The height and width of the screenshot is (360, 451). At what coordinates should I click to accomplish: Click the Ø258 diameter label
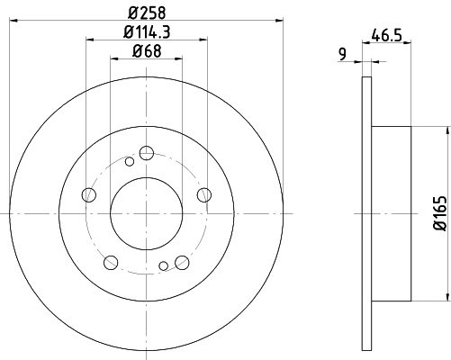pyautogui.click(x=147, y=13)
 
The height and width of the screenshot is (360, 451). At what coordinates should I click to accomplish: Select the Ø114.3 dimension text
pyautogui.click(x=147, y=31)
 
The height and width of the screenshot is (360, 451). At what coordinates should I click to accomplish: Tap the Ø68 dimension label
pyautogui.click(x=147, y=51)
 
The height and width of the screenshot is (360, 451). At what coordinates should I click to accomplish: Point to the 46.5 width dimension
pyautogui.click(x=386, y=35)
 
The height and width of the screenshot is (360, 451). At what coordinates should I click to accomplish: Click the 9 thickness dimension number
pyautogui.click(x=342, y=54)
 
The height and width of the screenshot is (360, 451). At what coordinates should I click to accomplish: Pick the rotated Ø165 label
pyautogui.click(x=440, y=213)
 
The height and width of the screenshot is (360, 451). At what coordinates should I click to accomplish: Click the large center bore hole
pyautogui.click(x=147, y=213)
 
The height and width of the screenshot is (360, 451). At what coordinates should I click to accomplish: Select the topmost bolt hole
pyautogui.click(x=147, y=153)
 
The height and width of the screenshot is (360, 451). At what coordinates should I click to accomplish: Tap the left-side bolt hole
pyautogui.click(x=89, y=194)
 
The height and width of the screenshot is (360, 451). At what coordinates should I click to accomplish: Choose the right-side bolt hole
pyautogui.click(x=204, y=194)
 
